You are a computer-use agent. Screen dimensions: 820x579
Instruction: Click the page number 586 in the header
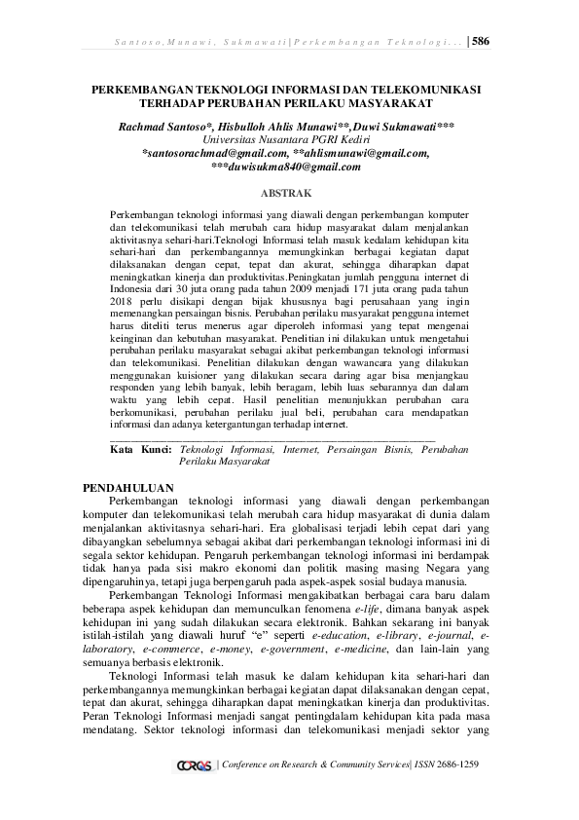(x=480, y=41)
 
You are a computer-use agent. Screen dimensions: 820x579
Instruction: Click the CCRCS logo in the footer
(x=195, y=765)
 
